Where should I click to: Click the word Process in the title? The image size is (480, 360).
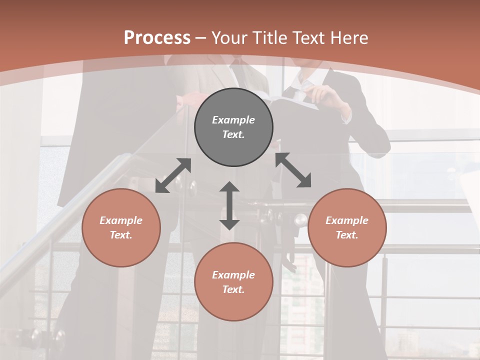[157, 37]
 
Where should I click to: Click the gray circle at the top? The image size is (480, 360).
[233, 127]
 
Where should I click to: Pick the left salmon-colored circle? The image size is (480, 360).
[121, 227]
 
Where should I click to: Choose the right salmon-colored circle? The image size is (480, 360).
[347, 227]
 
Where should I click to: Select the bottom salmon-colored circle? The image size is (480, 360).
[233, 282]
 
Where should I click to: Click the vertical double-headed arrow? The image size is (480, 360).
[229, 205]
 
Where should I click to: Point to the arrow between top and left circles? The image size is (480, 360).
[173, 175]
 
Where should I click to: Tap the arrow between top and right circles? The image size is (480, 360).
[293, 170]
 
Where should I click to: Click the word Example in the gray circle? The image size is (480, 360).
[233, 120]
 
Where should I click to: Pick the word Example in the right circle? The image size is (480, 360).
[347, 220]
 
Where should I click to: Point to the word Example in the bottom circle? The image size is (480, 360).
[233, 275]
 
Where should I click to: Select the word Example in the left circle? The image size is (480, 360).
[121, 220]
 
